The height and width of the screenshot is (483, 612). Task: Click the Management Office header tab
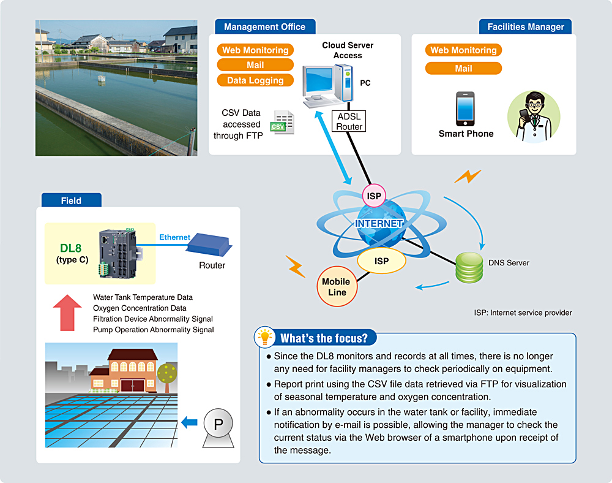[264, 27]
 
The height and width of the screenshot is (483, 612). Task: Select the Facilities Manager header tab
[525, 27]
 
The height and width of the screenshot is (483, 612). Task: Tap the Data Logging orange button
[255, 80]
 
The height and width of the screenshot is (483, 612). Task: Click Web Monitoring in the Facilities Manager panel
[463, 50]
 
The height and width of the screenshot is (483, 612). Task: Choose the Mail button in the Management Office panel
[255, 65]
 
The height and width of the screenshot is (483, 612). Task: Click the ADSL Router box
[349, 121]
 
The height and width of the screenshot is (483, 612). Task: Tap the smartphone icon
[465, 109]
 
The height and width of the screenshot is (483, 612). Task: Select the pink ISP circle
[373, 197]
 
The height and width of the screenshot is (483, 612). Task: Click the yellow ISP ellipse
[381, 261]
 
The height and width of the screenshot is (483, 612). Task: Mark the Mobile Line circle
[337, 287]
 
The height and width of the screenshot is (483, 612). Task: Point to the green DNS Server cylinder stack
[468, 265]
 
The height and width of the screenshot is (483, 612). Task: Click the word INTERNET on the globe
[379, 223]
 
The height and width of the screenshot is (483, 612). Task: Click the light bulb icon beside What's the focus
[265, 337]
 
